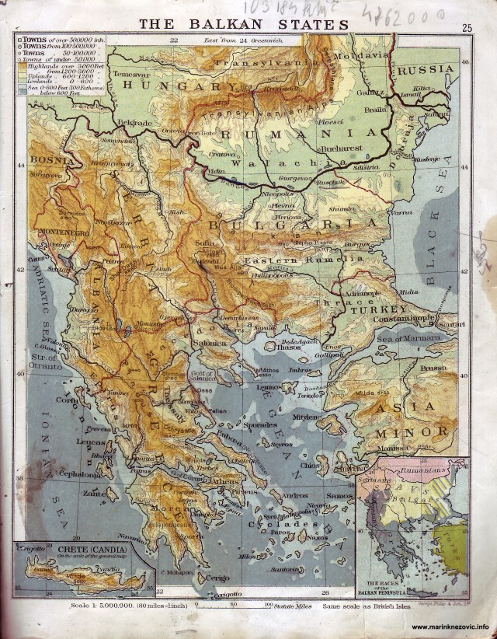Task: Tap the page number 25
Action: click(467, 29)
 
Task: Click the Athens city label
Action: click(224, 480)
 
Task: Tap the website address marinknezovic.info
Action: click(450, 627)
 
